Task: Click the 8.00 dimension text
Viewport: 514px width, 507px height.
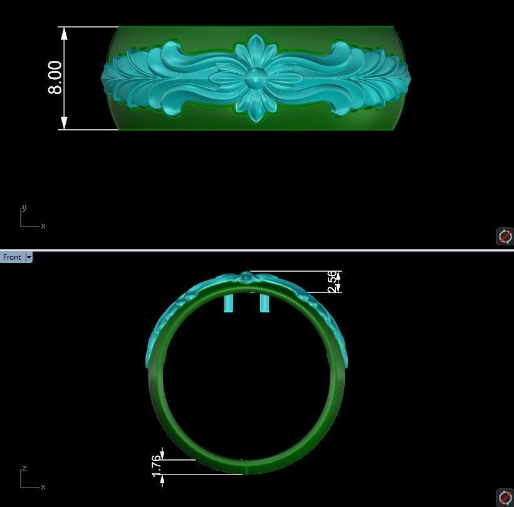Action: click(x=55, y=78)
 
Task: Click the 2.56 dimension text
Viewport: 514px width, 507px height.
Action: click(x=332, y=281)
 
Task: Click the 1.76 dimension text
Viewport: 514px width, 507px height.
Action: click(x=157, y=466)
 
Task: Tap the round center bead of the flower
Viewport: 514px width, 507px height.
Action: click(x=255, y=78)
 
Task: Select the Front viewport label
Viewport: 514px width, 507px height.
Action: click(x=12, y=257)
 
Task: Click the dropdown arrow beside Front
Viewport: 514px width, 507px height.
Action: click(x=29, y=257)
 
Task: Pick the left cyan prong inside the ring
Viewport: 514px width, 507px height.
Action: click(x=230, y=303)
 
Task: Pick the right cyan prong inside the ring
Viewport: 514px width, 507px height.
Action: click(x=265, y=303)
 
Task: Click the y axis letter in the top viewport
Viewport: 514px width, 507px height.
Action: click(x=24, y=208)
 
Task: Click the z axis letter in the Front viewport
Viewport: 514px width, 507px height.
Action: click(x=24, y=469)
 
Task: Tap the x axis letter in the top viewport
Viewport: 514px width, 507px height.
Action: click(x=43, y=226)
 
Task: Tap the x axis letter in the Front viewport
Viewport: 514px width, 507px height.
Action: click(x=43, y=487)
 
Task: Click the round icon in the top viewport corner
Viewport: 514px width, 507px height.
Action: click(x=505, y=236)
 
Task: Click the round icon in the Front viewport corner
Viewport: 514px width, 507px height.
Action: click(x=505, y=497)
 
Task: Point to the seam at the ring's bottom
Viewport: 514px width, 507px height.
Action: click(x=246, y=467)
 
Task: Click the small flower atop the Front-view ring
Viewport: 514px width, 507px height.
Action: click(x=246, y=277)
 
